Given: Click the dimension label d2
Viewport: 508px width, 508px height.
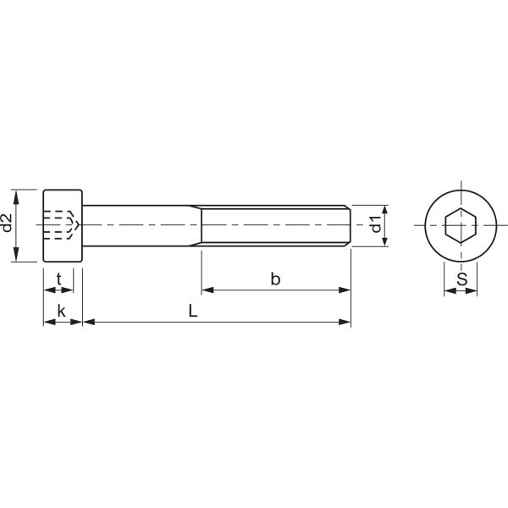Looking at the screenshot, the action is pos(7,223).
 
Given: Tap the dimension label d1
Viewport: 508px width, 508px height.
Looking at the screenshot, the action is pos(376,224).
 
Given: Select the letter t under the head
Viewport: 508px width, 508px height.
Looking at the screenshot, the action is pos(59,279).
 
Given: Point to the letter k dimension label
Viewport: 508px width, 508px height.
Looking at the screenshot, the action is pos(61,312).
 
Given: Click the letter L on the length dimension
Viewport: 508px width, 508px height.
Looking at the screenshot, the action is pos(193,312).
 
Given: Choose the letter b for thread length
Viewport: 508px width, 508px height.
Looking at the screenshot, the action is pos(275,279).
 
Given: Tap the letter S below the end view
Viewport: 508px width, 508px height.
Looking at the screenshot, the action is pos(462,279).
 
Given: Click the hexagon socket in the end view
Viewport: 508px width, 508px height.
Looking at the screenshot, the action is pos(461,225).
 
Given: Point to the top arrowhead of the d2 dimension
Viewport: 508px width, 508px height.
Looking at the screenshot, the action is pos(16,197).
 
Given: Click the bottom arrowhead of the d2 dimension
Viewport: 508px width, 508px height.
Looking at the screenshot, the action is pos(16,254).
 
